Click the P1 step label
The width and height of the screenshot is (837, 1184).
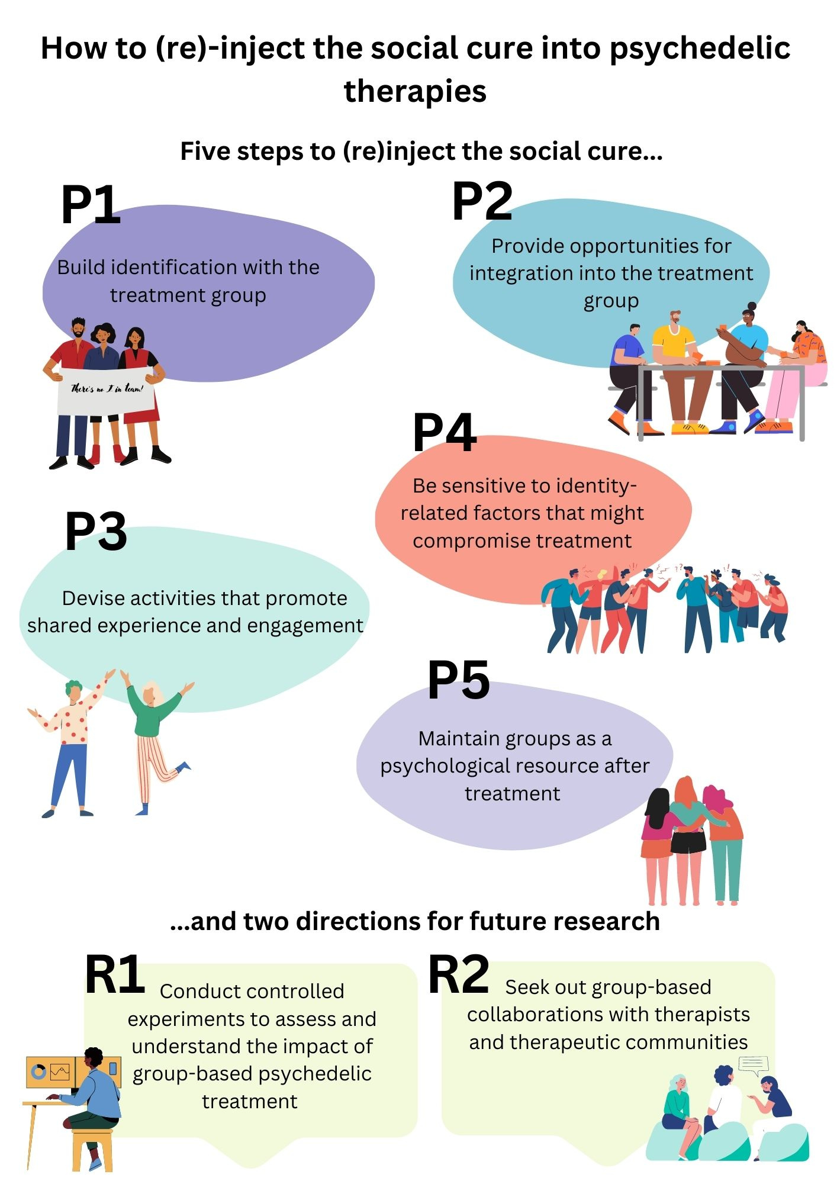pyautogui.click(x=91, y=205)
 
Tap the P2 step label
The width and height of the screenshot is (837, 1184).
pyautogui.click(x=482, y=201)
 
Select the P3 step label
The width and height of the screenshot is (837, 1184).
pyautogui.click(x=96, y=532)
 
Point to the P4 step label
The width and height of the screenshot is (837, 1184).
pyautogui.click(x=445, y=432)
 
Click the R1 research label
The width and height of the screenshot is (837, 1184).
pyautogui.click(x=115, y=974)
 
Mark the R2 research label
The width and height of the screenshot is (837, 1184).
pyautogui.click(x=459, y=974)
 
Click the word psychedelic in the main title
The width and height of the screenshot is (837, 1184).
pyautogui.click(x=700, y=49)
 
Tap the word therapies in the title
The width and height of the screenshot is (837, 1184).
pyautogui.click(x=416, y=92)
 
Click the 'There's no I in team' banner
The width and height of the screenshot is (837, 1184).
pyautogui.click(x=105, y=390)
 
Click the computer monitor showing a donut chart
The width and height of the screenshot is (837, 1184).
pyautogui.click(x=50, y=1072)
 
